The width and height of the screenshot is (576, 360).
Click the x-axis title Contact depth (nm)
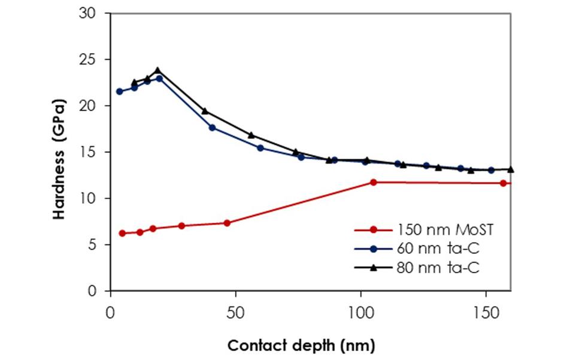301,346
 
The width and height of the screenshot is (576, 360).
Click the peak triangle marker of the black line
158,71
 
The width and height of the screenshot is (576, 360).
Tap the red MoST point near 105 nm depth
373,182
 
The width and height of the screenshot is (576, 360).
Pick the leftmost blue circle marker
120,92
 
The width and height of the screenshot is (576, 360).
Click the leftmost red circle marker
122,233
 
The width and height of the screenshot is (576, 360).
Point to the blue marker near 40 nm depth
212,128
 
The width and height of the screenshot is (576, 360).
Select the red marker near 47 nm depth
227,223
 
